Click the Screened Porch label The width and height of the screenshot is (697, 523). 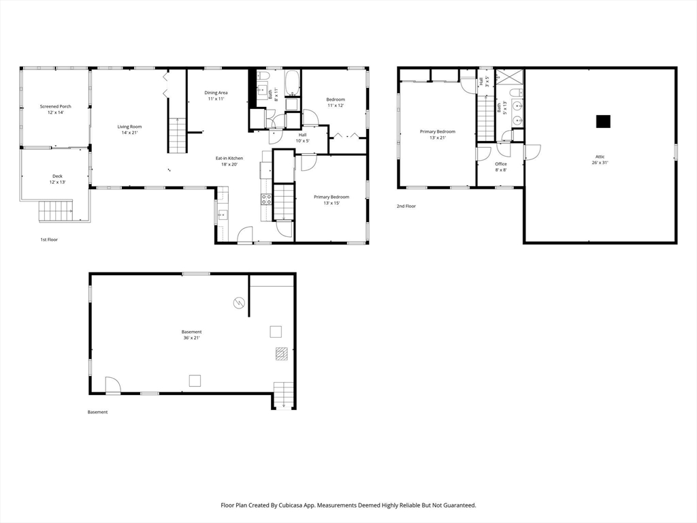56,110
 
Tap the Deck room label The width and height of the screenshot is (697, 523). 57,179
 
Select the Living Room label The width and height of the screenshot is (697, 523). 129,129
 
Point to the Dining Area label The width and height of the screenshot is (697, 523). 216,95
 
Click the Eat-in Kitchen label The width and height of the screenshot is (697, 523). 229,161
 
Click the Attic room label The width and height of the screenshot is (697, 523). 600,159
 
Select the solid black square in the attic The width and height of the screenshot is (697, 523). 603,121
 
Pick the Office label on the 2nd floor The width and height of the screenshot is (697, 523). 501,167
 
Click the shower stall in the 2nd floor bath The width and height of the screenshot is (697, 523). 509,76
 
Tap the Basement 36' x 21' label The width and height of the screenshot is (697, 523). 191,335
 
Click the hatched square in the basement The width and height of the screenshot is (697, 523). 281,353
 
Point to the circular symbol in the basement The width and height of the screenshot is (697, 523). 239,303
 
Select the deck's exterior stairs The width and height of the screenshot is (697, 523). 56,211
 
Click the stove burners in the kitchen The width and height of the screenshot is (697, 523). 266,200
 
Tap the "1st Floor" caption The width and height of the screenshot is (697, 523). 49,240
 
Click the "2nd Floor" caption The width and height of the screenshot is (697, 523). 406,206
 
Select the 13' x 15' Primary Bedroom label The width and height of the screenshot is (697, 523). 331,200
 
